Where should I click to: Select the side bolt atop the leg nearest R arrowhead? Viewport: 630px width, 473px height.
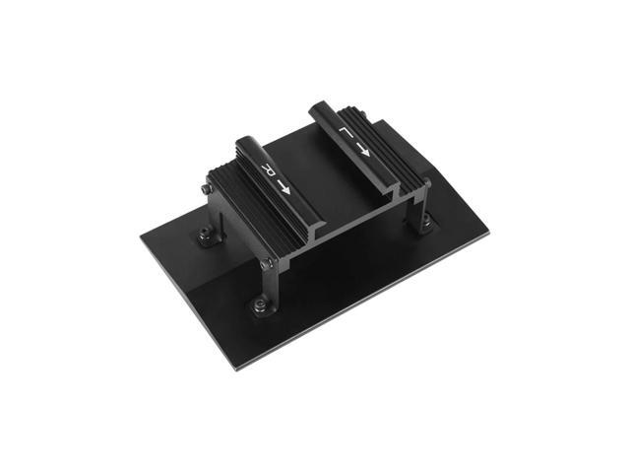coord(265,262)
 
